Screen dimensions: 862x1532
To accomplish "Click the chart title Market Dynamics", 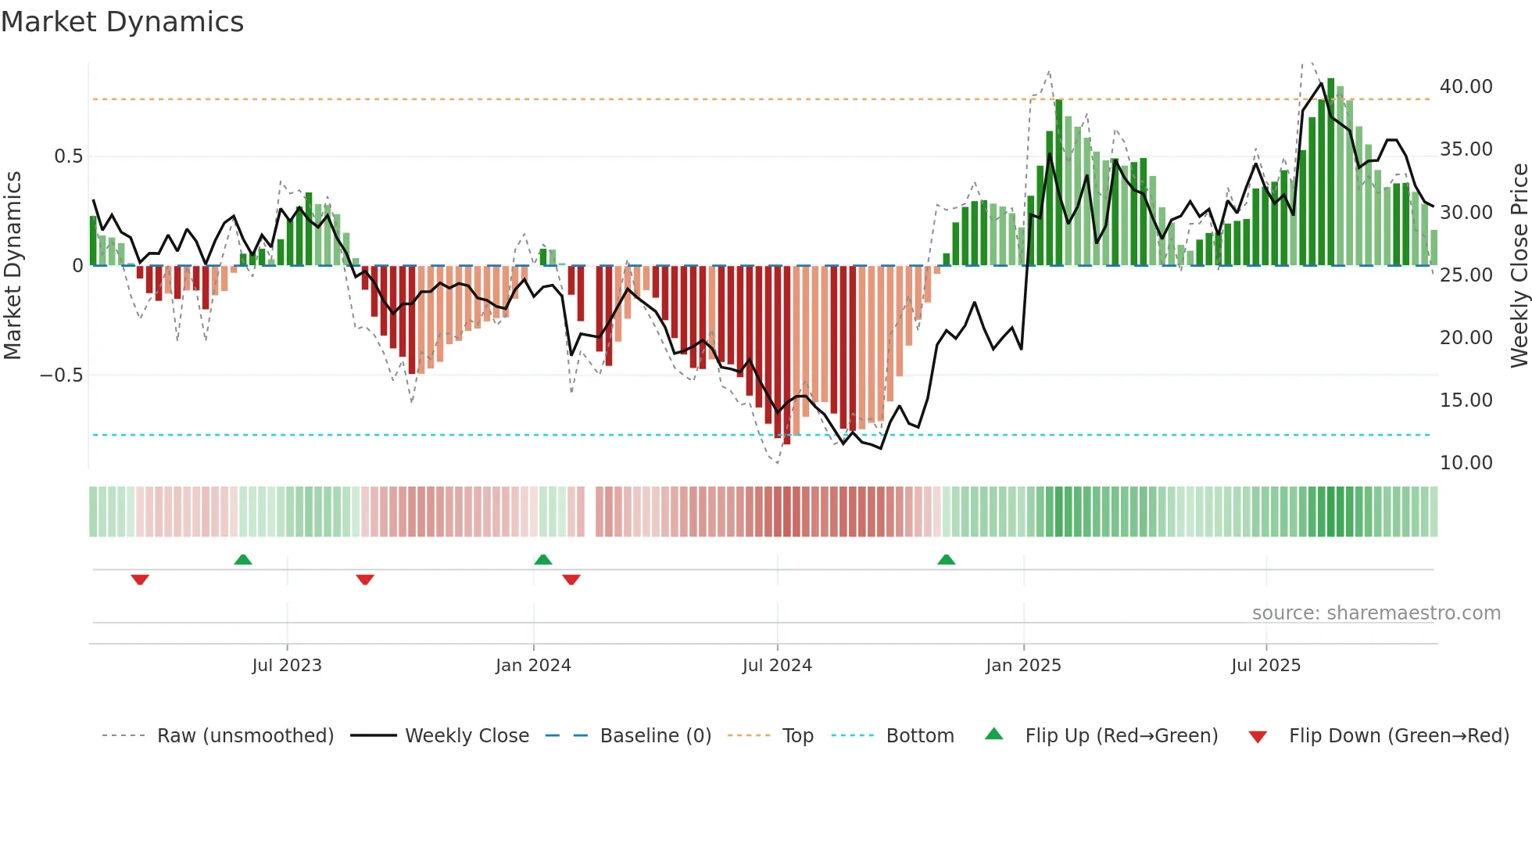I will tap(122, 22).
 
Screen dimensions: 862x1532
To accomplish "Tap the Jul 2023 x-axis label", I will tap(287, 666).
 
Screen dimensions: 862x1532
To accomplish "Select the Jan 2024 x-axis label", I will tap(533, 666).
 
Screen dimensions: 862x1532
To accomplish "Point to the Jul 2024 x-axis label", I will tap(777, 666).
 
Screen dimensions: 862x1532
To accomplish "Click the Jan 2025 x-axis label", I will tap(1023, 666).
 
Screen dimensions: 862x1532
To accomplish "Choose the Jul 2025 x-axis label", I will tap(1265, 666).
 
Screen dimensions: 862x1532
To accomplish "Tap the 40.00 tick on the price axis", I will tap(1466, 87).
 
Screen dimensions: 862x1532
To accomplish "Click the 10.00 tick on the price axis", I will tap(1466, 463).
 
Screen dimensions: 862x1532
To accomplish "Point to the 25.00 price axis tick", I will tap(1466, 275).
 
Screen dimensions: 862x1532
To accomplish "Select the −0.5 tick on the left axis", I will tap(61, 375).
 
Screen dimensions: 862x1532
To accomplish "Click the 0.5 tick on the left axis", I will tap(68, 156).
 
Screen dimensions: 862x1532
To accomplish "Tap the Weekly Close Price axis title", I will tap(1519, 266).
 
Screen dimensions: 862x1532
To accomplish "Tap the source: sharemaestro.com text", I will tap(1376, 613).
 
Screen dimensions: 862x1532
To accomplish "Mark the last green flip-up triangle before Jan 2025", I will tap(946, 560).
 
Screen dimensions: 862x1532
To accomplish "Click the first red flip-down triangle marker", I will tap(140, 579).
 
